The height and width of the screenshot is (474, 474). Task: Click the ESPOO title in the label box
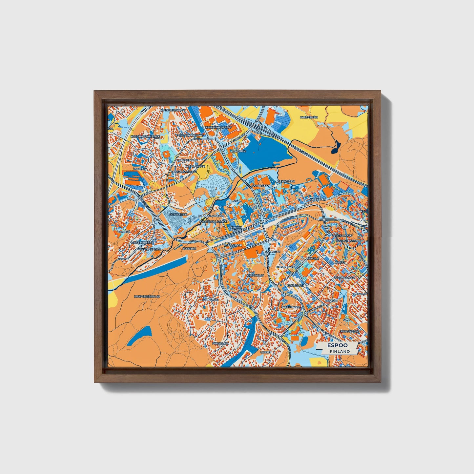click(x=337, y=345)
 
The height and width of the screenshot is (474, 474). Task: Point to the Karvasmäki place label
click(x=309, y=117)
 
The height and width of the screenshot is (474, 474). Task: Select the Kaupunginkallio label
click(x=147, y=296)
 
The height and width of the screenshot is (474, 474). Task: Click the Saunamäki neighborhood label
click(x=210, y=300)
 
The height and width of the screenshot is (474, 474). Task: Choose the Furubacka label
click(x=220, y=343)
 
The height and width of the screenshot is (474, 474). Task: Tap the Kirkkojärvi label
click(x=286, y=181)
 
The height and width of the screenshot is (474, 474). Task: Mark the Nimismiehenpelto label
click(x=218, y=127)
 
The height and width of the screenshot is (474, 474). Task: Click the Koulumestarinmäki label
click(x=145, y=136)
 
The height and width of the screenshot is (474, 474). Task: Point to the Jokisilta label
click(x=189, y=249)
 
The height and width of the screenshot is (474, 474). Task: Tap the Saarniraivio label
click(x=291, y=307)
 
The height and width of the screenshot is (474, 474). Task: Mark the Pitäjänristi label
click(x=178, y=214)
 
